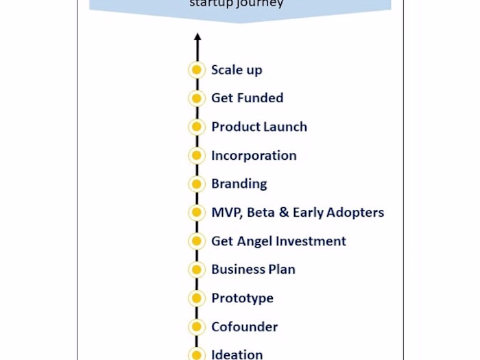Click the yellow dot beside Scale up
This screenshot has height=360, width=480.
197,70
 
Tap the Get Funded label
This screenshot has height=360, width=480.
247,98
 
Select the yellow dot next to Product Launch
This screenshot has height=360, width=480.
197,127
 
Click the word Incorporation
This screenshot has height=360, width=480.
254,156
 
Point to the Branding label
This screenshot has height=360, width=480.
239,184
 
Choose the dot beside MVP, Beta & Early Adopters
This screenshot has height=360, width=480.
197,213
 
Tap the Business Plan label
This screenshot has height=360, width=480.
253,269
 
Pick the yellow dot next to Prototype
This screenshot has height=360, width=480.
197,298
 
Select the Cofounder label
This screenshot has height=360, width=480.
244,327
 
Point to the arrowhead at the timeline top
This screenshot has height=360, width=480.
197,38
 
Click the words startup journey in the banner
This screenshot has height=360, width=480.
236,4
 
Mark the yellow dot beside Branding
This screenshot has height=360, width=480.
197,184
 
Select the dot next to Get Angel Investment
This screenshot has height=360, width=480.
197,241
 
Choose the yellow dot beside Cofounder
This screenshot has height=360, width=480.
197,327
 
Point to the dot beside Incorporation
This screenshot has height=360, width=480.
197,156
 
